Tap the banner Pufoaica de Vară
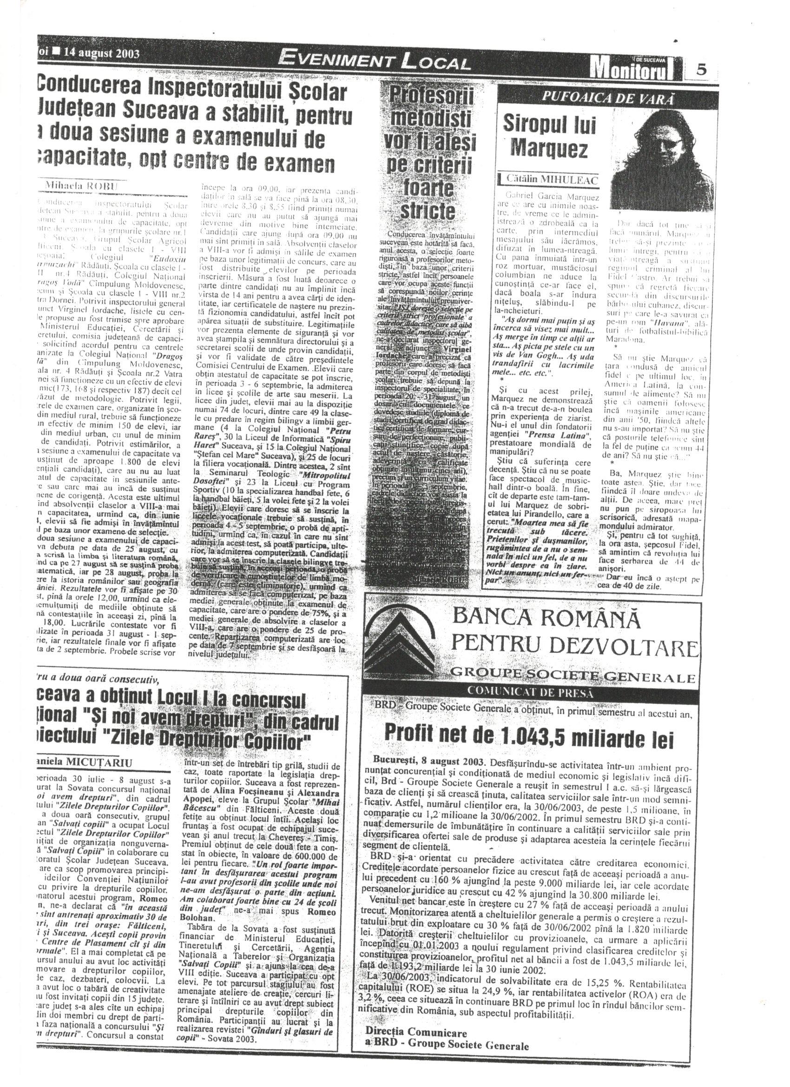point(601,98)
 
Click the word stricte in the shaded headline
point(427,211)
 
